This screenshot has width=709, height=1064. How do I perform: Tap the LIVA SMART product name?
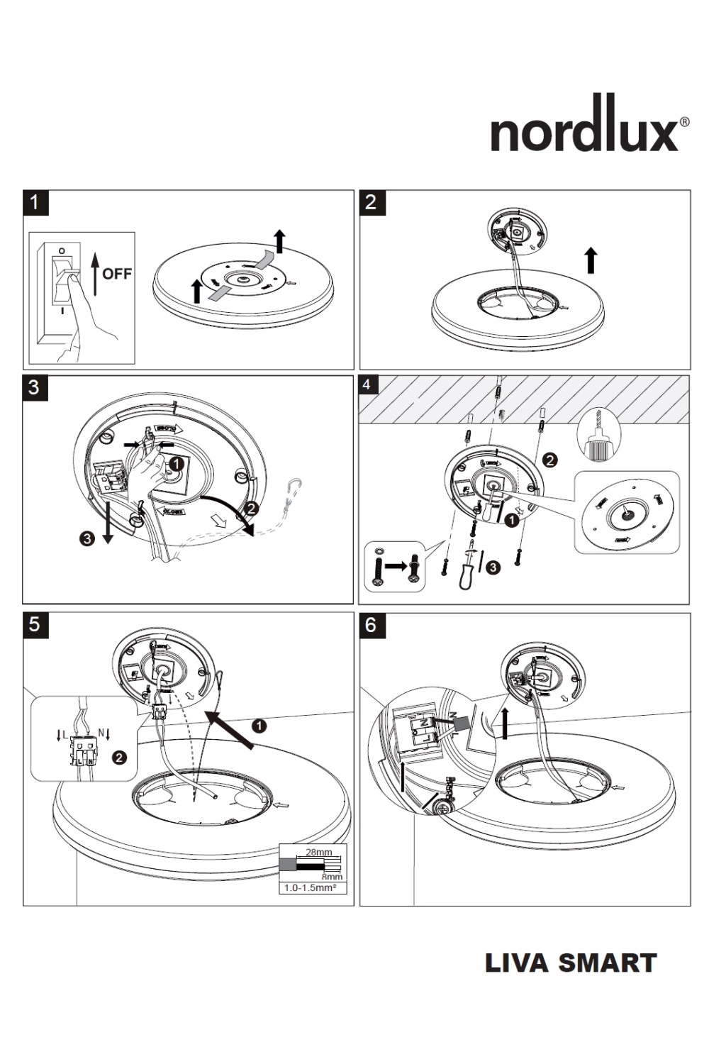click(x=571, y=963)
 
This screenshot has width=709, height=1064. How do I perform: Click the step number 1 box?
click(x=35, y=202)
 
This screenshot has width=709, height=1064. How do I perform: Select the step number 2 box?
click(x=372, y=202)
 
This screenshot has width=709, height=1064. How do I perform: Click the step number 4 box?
click(x=367, y=385)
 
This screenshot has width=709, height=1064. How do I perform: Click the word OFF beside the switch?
click(x=117, y=274)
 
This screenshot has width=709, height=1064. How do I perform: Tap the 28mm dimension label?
click(x=318, y=852)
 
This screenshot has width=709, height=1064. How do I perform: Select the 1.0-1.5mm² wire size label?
click(x=310, y=887)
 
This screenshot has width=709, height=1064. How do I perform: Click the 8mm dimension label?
click(x=332, y=877)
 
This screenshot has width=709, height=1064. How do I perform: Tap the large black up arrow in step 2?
click(x=591, y=260)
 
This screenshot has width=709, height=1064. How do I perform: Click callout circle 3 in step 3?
click(x=87, y=538)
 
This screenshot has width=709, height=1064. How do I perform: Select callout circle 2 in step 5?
click(x=120, y=758)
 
